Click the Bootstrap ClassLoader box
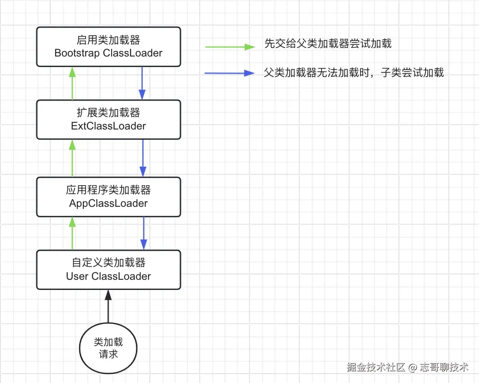pyautogui.click(x=109, y=47)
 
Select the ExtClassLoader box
pyautogui.click(x=109, y=120)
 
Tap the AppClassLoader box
pyautogui.click(x=109, y=197)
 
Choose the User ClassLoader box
pyautogui.click(x=109, y=270)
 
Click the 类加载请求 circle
pyautogui.click(x=108, y=348)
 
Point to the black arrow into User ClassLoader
pyautogui.click(x=108, y=306)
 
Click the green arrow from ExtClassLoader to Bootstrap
pyautogui.click(x=72, y=83)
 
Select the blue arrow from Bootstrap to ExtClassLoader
pyautogui.click(x=142, y=83)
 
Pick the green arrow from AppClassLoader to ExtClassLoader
pyautogui.click(x=72, y=158)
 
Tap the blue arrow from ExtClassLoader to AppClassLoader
pyautogui.click(x=143, y=158)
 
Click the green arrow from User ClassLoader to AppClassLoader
pyautogui.click(x=72, y=233)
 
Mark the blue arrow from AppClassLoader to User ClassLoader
pyautogui.click(x=144, y=233)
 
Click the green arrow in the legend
pyautogui.click(x=230, y=47)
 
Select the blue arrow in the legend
pyautogui.click(x=229, y=73)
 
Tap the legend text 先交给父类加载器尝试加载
pyautogui.click(x=328, y=44)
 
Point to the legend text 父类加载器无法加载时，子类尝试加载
pyautogui.click(x=354, y=73)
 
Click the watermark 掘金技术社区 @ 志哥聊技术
pyautogui.click(x=408, y=367)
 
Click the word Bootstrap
pyautogui.click(x=77, y=53)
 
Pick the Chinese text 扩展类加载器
pyautogui.click(x=108, y=113)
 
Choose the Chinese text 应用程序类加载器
pyautogui.click(x=108, y=190)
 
